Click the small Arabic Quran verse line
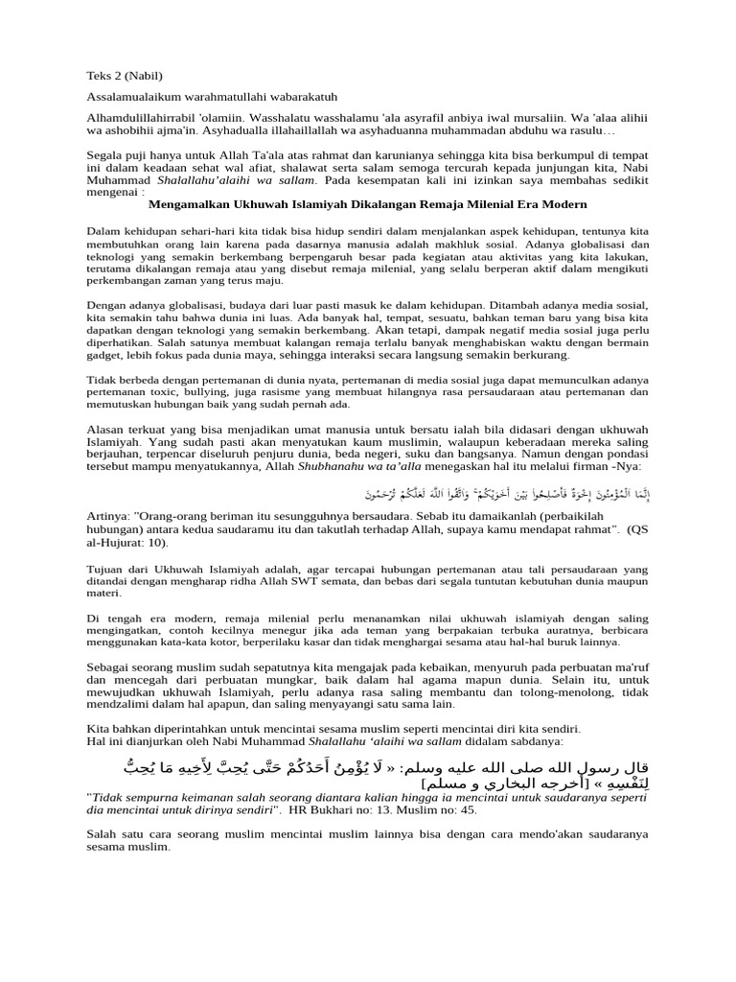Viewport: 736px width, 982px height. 509,494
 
